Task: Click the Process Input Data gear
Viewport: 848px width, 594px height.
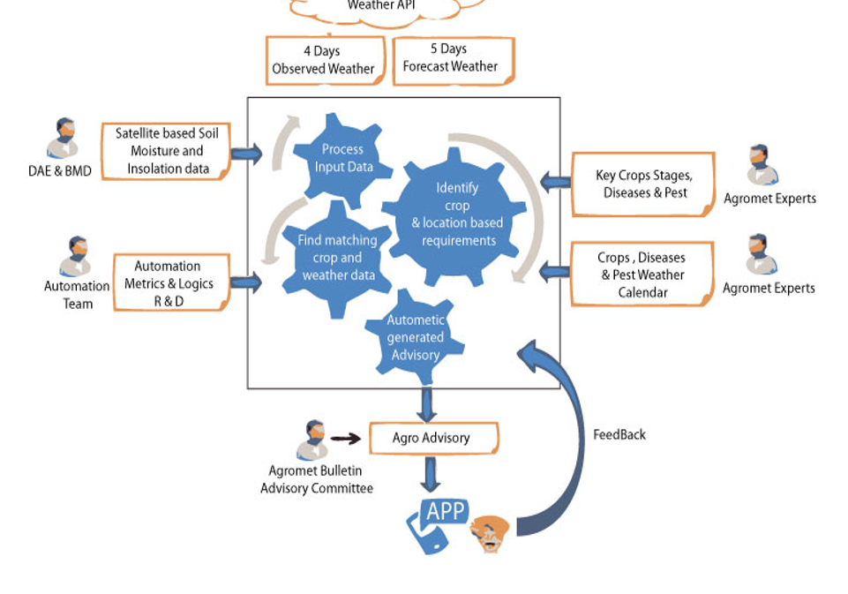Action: pyautogui.click(x=343, y=159)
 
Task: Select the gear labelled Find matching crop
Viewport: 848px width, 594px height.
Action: pyautogui.click(x=337, y=258)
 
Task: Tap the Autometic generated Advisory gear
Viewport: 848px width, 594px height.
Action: pyautogui.click(x=416, y=338)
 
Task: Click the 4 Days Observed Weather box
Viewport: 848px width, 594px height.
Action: pyautogui.click(x=324, y=60)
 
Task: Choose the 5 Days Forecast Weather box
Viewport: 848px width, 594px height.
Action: pyautogui.click(x=452, y=60)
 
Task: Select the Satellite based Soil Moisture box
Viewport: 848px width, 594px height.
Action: pyautogui.click(x=167, y=152)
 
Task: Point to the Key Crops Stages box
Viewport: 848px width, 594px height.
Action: pyautogui.click(x=642, y=184)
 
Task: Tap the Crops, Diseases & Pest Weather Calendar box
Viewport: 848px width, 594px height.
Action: pyautogui.click(x=642, y=274)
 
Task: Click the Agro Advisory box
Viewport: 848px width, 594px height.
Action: pyautogui.click(x=432, y=438)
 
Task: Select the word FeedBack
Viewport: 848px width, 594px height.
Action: pyautogui.click(x=619, y=434)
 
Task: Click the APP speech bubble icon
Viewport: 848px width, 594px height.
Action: pyautogui.click(x=445, y=513)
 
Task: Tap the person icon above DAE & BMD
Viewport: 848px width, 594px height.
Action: pyautogui.click(x=64, y=139)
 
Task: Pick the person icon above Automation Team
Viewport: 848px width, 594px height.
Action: pyautogui.click(x=77, y=256)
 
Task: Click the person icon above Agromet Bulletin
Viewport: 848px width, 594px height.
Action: pyautogui.click(x=312, y=440)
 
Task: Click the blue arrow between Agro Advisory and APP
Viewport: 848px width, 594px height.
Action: pyautogui.click(x=431, y=474)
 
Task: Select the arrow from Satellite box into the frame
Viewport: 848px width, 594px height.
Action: pyautogui.click(x=247, y=154)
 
